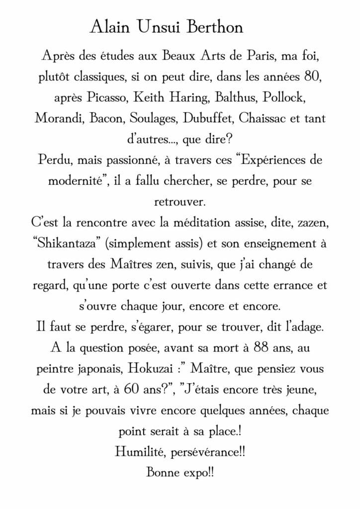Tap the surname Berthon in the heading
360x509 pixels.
215,27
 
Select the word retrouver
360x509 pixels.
180,202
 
